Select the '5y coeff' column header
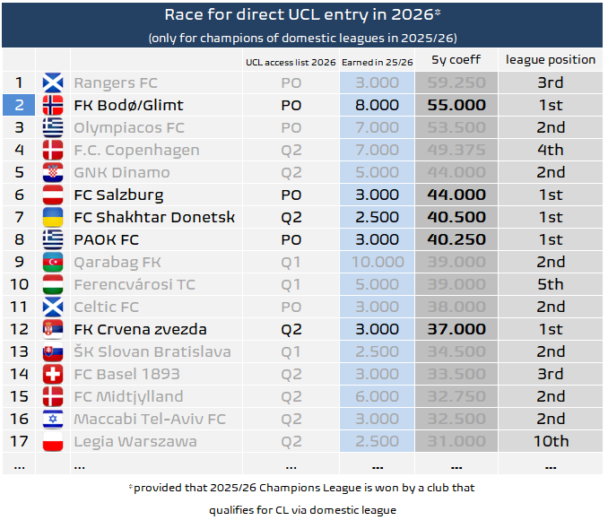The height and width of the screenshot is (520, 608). pyautogui.click(x=456, y=60)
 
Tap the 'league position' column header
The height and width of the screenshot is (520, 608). pyautogui.click(x=550, y=60)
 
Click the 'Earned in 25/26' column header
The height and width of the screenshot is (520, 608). pyautogui.click(x=377, y=61)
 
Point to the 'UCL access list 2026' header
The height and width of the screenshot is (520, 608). pyautogui.click(x=291, y=61)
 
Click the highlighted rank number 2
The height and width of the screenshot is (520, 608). pyautogui.click(x=18, y=105)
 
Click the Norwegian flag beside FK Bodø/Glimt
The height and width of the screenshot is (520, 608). pyautogui.click(x=53, y=105)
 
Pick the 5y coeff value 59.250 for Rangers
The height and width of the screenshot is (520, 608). pyautogui.click(x=456, y=82)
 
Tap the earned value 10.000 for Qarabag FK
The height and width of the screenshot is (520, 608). pyautogui.click(x=377, y=262)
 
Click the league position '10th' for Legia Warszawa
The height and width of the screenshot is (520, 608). pyautogui.click(x=550, y=441)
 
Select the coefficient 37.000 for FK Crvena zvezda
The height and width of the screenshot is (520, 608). pyautogui.click(x=456, y=329)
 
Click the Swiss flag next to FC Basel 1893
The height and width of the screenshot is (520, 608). pyautogui.click(x=53, y=374)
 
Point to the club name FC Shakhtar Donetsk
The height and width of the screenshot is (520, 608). pyautogui.click(x=154, y=217)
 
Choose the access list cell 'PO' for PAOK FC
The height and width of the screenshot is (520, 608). pyautogui.click(x=291, y=239)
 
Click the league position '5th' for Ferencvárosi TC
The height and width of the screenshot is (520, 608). pyautogui.click(x=550, y=284)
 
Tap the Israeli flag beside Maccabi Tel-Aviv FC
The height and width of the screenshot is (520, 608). pyautogui.click(x=53, y=419)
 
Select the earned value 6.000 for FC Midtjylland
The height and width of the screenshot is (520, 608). pyautogui.click(x=377, y=396)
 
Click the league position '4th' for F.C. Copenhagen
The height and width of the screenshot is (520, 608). pyautogui.click(x=550, y=150)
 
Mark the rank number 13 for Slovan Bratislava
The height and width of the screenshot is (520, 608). pyautogui.click(x=18, y=351)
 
